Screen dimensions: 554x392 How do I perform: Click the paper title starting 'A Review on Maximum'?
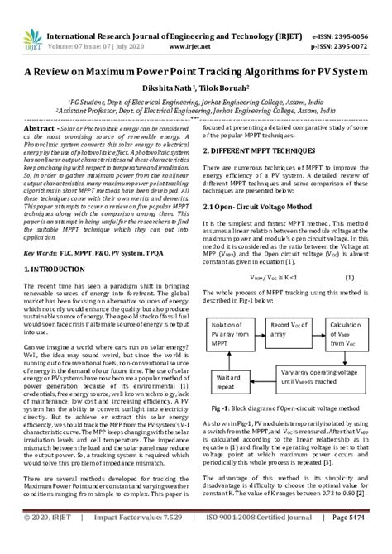coord(195,72)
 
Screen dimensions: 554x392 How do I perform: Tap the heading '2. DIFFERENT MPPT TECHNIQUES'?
coord(262,153)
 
